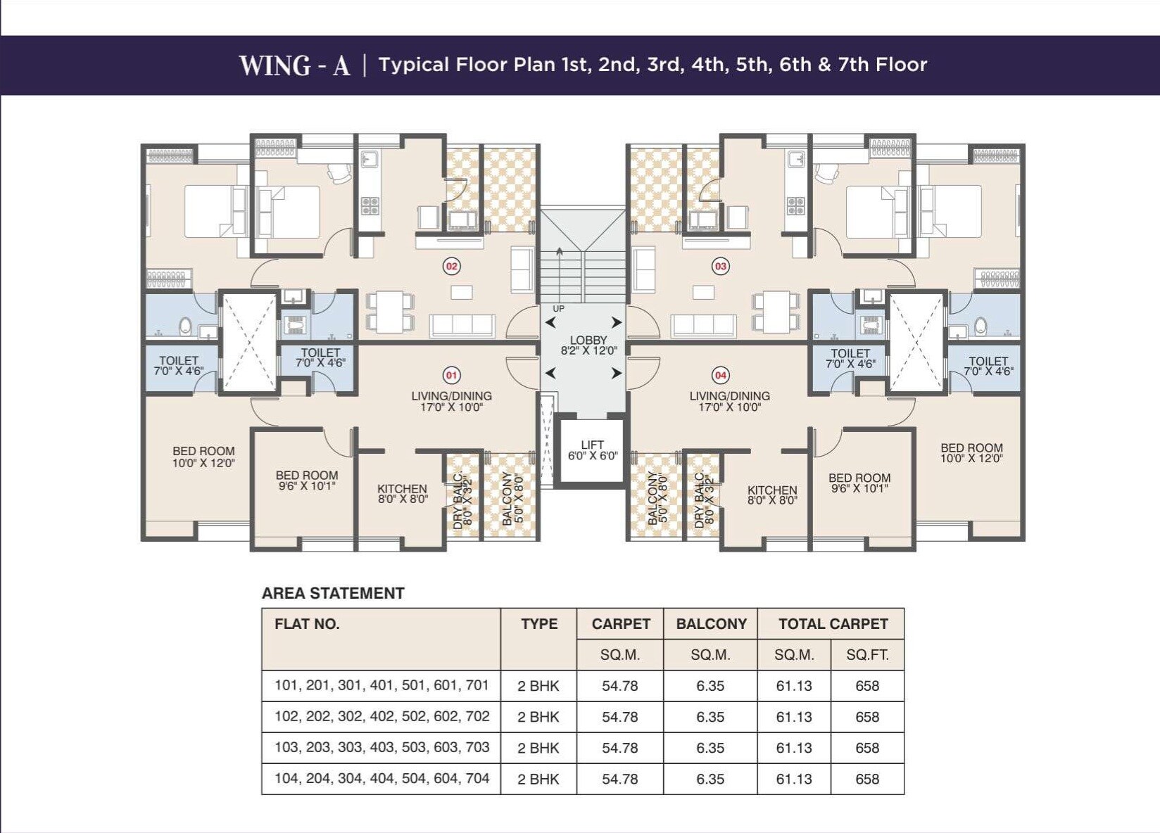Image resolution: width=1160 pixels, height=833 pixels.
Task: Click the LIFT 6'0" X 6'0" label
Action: [x=593, y=450]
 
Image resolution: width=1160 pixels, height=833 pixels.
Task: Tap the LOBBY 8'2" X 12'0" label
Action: [x=589, y=345]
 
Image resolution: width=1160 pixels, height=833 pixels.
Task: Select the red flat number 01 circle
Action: [x=452, y=375]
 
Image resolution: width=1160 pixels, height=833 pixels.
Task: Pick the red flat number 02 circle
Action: [x=452, y=267]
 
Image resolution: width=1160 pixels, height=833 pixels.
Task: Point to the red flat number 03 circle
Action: [x=720, y=267]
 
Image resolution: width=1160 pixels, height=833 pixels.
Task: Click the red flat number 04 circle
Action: [x=720, y=375]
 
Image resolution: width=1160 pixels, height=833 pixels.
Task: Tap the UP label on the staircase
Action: [x=558, y=309]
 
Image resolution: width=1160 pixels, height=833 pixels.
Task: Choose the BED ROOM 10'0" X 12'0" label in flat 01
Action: [x=203, y=457]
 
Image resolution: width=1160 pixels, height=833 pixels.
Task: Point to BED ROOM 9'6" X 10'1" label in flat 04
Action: [x=859, y=483]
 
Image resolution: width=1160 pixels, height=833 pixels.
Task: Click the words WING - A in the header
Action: [x=295, y=65]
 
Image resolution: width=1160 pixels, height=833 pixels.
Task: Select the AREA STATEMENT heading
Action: [x=333, y=593]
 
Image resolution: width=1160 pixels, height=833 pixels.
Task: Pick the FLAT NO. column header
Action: [x=307, y=624]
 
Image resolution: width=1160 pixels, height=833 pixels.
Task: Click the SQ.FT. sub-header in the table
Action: [x=867, y=655]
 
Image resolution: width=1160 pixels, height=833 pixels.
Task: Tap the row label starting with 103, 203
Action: [x=382, y=748]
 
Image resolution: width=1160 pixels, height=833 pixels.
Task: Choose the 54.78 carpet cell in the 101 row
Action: [x=620, y=686]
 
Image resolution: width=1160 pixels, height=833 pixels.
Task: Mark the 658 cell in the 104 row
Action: [x=867, y=779]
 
